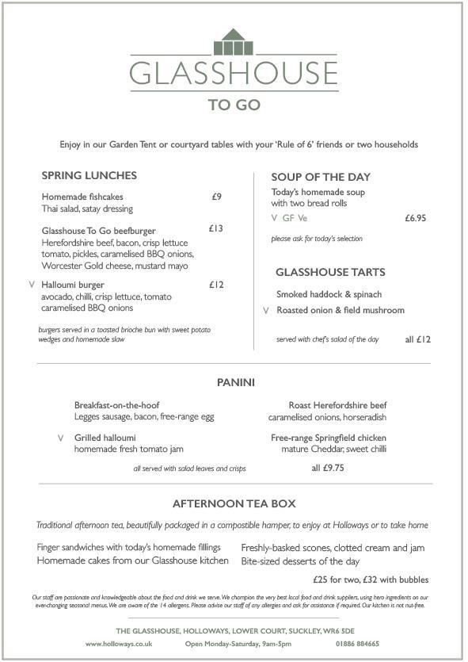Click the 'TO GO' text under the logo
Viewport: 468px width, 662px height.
(234, 104)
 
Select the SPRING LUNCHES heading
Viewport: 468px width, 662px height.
(89, 175)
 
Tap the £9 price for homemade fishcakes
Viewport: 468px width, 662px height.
(216, 197)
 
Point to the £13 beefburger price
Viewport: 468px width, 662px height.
(216, 228)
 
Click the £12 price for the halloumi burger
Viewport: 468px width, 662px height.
(216, 285)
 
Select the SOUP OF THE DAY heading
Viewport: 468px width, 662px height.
(321, 177)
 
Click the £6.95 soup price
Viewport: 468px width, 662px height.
(415, 218)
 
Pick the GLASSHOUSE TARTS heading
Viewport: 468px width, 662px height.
(330, 272)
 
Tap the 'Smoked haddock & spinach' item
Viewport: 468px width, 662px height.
(329, 294)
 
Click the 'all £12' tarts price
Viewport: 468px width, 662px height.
(417, 339)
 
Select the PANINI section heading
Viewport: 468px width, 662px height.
(235, 382)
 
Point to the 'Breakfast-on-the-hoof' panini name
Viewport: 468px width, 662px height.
(116, 405)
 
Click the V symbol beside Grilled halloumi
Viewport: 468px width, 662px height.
(60, 438)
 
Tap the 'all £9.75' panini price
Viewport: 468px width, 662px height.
(327, 468)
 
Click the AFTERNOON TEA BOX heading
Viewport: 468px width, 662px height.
(234, 503)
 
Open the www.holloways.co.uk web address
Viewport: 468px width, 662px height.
(119, 644)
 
